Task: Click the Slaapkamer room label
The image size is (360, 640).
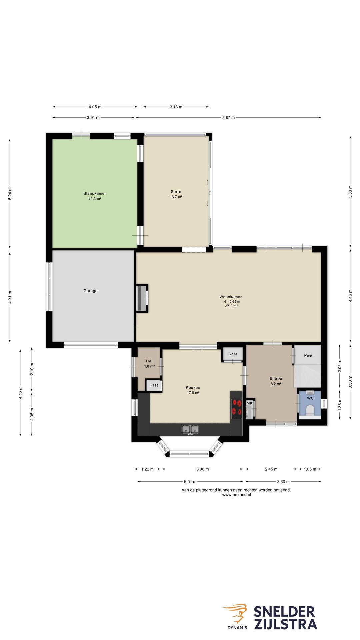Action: coord(95,193)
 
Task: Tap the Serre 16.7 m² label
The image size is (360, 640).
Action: coord(176,194)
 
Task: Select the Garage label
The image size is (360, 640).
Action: coord(90,291)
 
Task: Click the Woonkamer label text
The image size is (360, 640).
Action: coord(231,297)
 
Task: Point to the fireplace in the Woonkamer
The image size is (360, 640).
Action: coord(142,298)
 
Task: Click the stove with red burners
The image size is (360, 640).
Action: coord(237,409)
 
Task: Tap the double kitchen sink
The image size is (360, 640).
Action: coord(190,429)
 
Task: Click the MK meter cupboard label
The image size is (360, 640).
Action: coord(250,403)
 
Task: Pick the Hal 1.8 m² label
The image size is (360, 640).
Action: coord(149,364)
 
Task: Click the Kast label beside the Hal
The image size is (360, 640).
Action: coord(154,385)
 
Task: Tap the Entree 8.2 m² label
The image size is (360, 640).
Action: coord(276,381)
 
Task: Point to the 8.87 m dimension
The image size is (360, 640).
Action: coord(228,117)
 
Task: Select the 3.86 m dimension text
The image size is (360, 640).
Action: coord(202,469)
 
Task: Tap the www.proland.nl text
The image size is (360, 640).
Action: coord(236,495)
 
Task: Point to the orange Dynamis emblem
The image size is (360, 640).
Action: coord(236,613)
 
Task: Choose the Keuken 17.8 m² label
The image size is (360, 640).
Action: coord(193,390)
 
